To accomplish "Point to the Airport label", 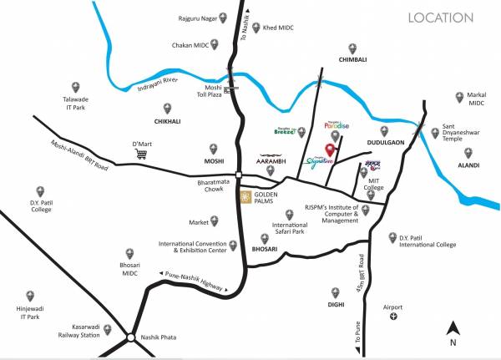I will [392, 307].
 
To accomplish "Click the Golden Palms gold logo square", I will [245, 197].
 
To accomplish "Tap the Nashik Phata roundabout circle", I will [131, 338].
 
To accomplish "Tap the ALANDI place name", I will [468, 166].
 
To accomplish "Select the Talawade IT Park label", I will [75, 103].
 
